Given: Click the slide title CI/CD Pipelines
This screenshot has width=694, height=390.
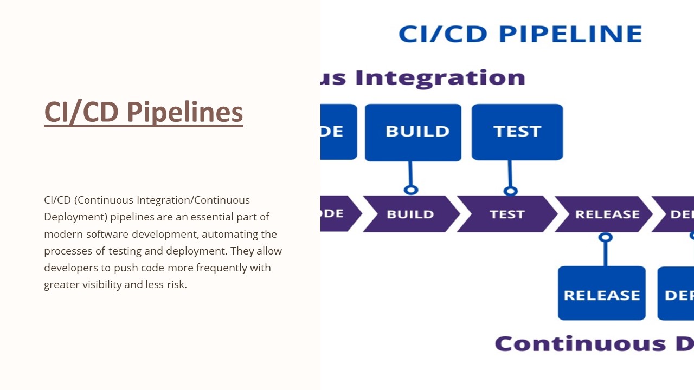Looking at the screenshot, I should click(143, 112).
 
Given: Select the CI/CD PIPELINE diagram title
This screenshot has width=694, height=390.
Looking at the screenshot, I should click(520, 34).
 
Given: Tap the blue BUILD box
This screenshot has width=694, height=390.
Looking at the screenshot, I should click(413, 132).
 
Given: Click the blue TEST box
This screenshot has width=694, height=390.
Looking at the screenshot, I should click(517, 132).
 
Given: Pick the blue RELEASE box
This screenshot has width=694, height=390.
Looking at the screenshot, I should click(602, 293).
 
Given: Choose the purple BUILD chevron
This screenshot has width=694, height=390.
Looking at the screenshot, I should click(410, 214).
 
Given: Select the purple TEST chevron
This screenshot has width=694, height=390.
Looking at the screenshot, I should click(507, 214).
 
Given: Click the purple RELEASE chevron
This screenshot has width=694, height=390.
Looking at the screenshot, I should click(607, 214).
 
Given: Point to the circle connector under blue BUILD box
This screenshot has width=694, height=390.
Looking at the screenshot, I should click(411, 190).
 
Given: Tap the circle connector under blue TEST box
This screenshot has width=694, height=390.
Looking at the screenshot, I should click(510, 191).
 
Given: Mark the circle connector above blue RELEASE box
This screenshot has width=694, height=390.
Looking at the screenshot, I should click(605, 237).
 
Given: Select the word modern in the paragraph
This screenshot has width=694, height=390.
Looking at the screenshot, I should click(60, 234).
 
